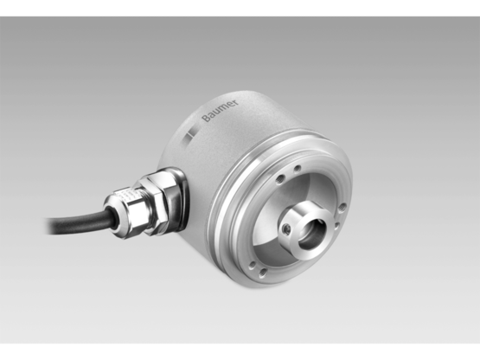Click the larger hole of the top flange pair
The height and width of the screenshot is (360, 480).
click(x=296, y=170)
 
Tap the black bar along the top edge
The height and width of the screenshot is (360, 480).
click(x=240, y=7)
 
